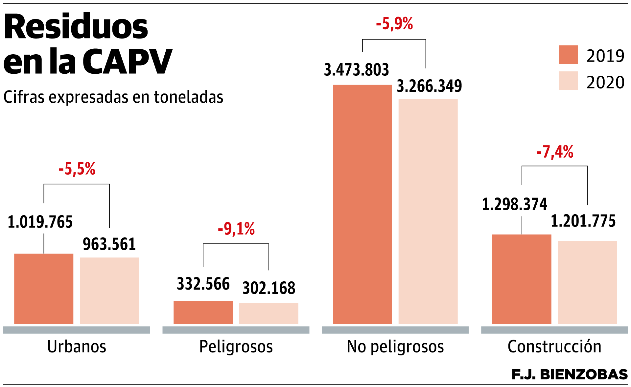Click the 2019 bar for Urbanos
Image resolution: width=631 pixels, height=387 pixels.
pos(44,289)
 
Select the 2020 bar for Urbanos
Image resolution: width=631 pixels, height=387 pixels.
pos(109,291)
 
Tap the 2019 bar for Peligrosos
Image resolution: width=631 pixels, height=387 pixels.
pos(203,312)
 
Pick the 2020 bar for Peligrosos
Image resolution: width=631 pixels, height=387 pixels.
pos(269,313)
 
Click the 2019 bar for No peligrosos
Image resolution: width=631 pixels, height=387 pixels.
pos(362,204)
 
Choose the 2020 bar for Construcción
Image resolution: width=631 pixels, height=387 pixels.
pos(587,282)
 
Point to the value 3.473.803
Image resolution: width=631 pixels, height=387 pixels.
pos(357,70)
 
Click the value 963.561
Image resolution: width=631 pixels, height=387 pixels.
pos(109,244)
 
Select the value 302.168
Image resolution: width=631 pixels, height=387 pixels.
pos(269,288)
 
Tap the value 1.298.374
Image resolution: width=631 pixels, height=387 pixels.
pos(514,204)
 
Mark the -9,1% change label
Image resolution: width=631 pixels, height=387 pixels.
pos(236,229)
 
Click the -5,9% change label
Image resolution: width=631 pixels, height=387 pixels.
pos(394,24)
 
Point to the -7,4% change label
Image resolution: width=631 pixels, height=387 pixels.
pos(555,152)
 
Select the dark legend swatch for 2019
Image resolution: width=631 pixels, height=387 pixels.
pos(568,55)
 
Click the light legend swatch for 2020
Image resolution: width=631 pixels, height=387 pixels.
pos(568,81)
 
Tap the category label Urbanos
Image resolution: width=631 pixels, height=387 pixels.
pos(77,347)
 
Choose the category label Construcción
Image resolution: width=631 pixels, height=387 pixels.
pos(554,347)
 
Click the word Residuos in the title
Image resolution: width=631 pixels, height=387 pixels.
pos(76,27)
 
